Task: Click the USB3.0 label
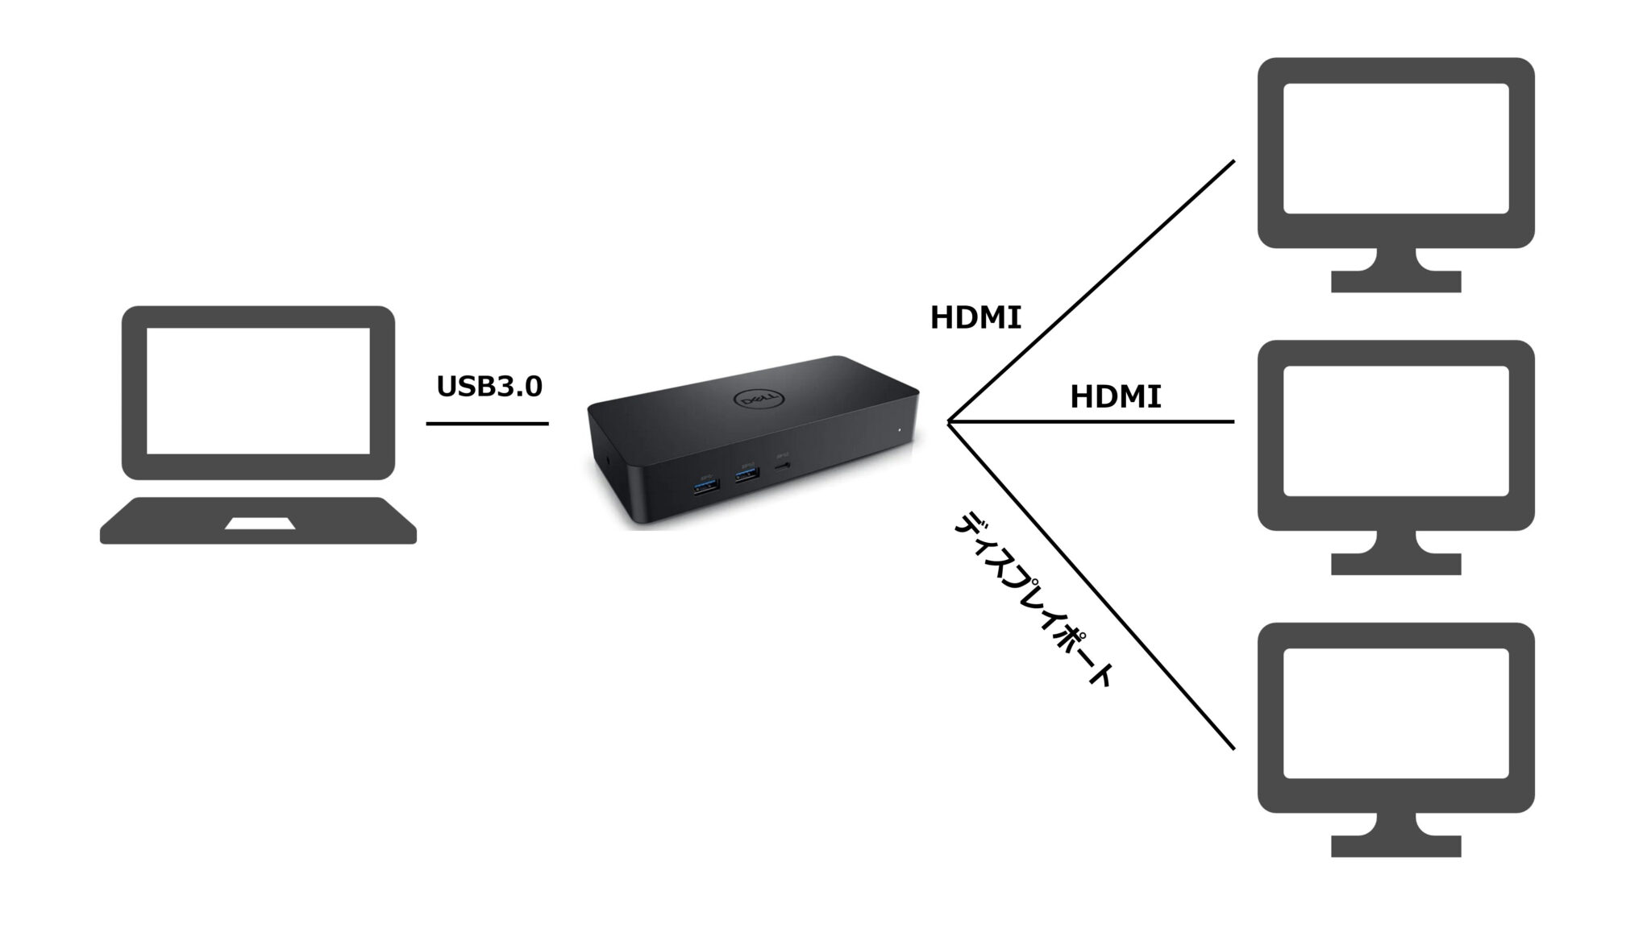coord(489,387)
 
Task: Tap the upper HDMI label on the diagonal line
coord(975,318)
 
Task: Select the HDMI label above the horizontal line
coord(1115,397)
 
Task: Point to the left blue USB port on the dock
coord(706,487)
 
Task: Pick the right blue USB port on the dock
coord(746,475)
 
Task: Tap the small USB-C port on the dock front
coord(782,466)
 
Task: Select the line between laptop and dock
coord(487,424)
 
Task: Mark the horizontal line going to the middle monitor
coord(1092,421)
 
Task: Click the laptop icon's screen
coord(258,391)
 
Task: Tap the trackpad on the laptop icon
coord(260,524)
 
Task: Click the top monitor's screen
coord(1395,148)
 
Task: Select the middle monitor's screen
coord(1395,431)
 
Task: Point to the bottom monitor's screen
coord(1395,713)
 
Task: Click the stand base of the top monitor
coord(1395,281)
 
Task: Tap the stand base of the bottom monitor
coord(1395,846)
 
